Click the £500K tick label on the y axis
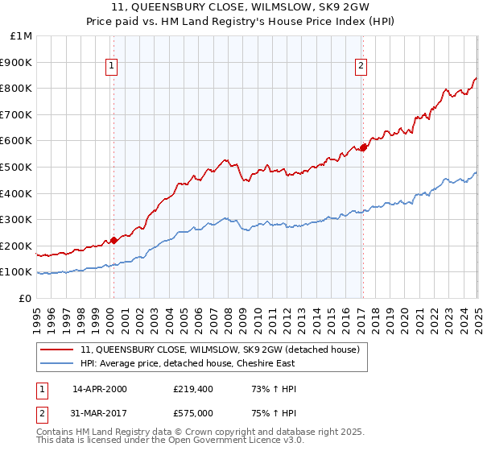[x=16, y=167]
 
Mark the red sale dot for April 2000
[x=114, y=240]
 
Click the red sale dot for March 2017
[x=363, y=147]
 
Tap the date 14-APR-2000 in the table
[x=100, y=389]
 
